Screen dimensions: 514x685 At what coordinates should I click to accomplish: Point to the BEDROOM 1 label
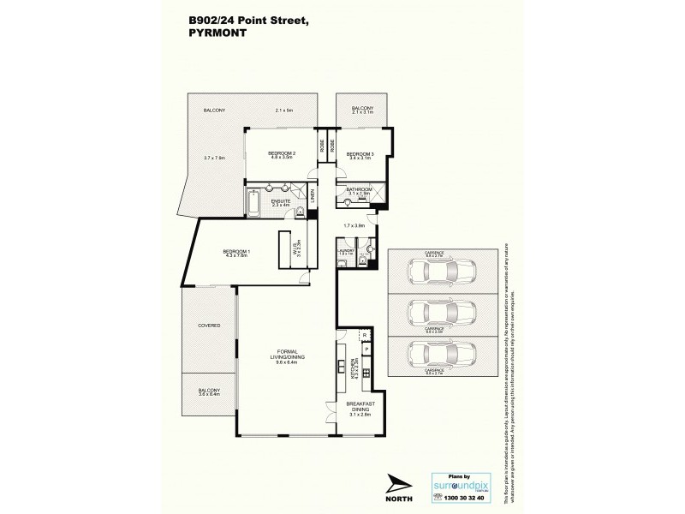236,250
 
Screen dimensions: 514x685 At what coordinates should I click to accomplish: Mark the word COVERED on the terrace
210,326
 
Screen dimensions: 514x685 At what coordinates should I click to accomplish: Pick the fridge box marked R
364,335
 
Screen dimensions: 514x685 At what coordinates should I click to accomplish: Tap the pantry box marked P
364,350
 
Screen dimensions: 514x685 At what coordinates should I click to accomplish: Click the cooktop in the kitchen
366,373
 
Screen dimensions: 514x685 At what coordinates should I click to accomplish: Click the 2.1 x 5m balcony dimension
284,111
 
